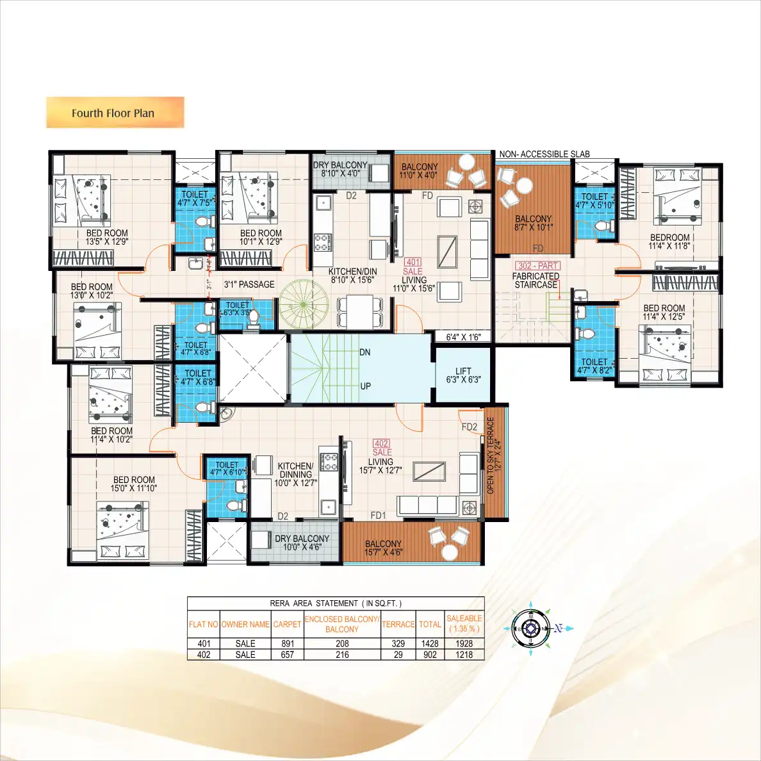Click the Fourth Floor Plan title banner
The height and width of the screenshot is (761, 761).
coord(115,113)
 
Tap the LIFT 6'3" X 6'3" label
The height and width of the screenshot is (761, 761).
coord(463,375)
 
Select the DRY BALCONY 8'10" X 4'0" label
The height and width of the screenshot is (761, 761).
coord(340,169)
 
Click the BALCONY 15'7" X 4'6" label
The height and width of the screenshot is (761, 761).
coord(383,548)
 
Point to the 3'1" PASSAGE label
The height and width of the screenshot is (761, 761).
coord(249,284)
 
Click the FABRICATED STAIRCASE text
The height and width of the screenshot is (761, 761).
coord(536,281)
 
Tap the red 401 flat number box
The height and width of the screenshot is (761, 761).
coord(413,262)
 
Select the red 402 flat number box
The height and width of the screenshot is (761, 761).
coord(381,443)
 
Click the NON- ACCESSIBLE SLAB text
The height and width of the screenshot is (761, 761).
coord(544,154)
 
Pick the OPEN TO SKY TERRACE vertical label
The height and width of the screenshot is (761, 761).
coord(494,455)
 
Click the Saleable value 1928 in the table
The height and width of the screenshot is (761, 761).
coord(464,643)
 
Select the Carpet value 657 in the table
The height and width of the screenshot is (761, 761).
coord(287,655)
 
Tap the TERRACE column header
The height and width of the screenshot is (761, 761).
coord(398,624)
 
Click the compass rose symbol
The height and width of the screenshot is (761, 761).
coord(531,628)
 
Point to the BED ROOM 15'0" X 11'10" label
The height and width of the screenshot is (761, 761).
coord(135,484)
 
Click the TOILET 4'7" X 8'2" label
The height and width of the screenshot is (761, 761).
coord(594,366)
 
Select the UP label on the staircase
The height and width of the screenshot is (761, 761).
coord(365,386)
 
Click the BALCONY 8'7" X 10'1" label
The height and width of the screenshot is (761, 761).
coord(533,223)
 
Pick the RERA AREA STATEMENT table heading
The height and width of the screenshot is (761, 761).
coord(336,603)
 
